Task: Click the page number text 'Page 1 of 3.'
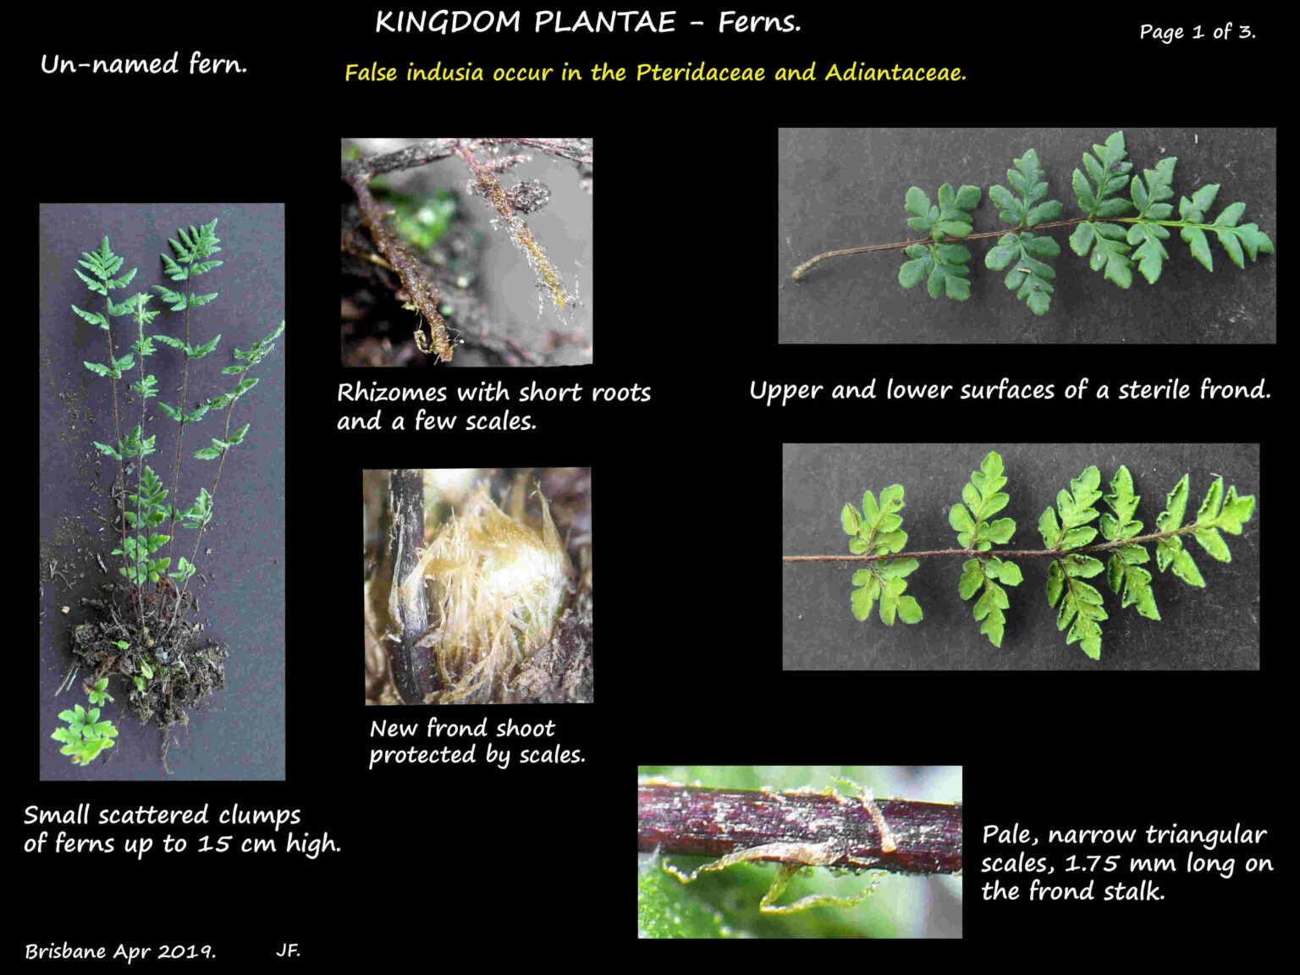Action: pos(1197,32)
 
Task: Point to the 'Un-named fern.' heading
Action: pos(144,64)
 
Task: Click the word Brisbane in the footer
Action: pos(66,951)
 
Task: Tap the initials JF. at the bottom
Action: pos(288,950)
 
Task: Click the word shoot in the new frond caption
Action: pos(526,728)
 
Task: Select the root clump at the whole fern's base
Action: pos(148,660)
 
